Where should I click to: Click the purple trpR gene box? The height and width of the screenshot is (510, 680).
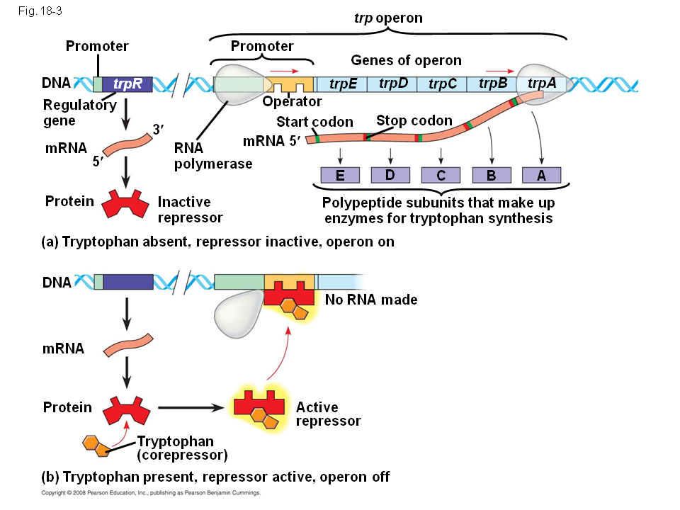(127, 84)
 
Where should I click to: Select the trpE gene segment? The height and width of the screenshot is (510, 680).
(342, 84)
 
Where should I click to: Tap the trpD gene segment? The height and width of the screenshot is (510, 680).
(392, 84)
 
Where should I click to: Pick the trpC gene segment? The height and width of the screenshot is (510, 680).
(442, 84)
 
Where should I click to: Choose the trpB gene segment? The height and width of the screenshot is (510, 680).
(492, 84)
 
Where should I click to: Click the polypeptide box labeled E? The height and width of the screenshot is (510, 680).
(340, 175)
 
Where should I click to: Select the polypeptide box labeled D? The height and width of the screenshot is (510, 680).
(390, 175)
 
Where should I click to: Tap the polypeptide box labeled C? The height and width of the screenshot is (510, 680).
(441, 175)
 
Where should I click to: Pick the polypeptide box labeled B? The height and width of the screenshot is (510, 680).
(492, 175)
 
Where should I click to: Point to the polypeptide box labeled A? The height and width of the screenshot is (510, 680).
(541, 175)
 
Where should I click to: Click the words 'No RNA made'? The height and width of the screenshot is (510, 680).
(371, 300)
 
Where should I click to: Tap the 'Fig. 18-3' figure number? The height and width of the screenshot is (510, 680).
(40, 11)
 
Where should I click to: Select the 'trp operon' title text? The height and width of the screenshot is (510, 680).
(388, 18)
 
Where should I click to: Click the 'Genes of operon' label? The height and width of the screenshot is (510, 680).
(406, 60)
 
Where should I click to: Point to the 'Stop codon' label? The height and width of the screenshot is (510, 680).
(414, 120)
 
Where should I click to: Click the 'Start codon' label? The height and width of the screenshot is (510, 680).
(314, 122)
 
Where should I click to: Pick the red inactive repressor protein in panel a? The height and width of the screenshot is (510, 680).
(125, 203)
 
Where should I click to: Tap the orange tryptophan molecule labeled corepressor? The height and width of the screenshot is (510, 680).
(96, 446)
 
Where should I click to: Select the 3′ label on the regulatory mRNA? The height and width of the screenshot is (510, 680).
(158, 129)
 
